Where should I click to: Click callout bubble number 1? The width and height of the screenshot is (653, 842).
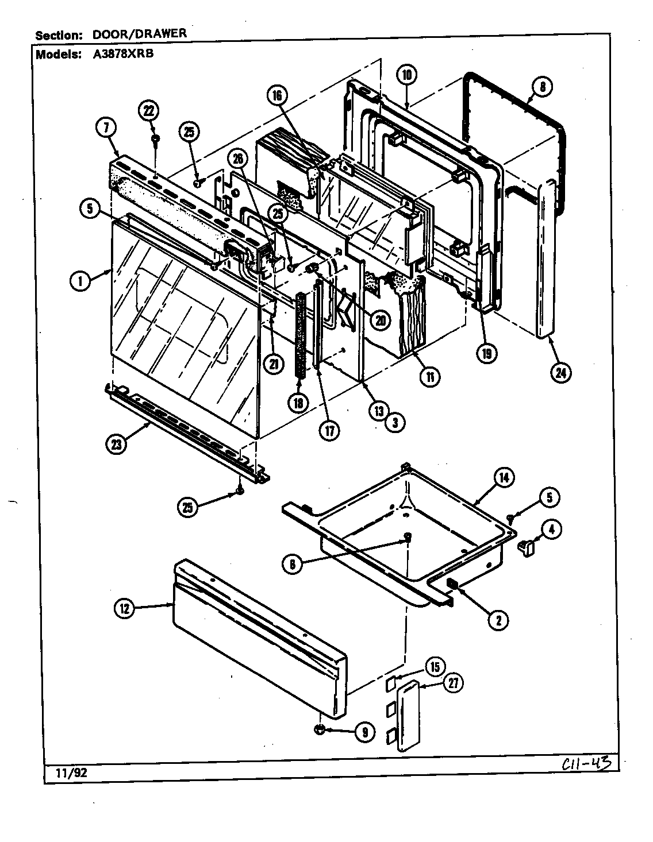coord(81,281)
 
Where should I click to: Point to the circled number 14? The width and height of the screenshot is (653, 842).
coord(504,478)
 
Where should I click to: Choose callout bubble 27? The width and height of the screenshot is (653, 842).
coord(455,683)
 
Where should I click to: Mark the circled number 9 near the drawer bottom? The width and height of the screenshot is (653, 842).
coord(364,732)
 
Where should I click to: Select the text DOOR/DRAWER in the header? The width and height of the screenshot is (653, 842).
coord(140,33)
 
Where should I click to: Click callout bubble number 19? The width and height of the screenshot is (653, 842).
coord(486,354)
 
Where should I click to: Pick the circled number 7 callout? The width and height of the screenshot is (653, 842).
coord(107,129)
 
